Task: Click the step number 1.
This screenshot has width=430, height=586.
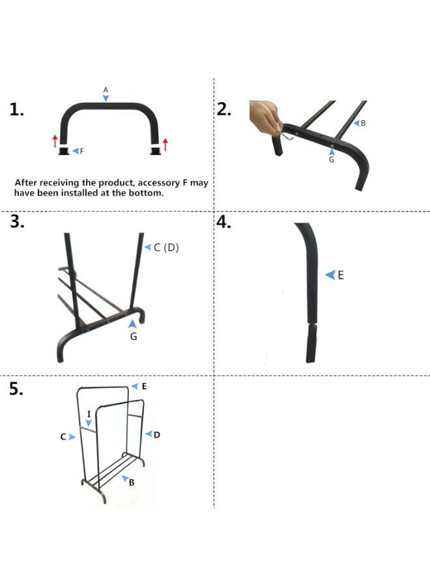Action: click(x=17, y=109)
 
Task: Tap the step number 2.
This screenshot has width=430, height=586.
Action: click(x=224, y=109)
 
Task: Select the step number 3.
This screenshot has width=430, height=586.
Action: click(x=18, y=222)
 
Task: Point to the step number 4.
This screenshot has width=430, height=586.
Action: click(x=224, y=222)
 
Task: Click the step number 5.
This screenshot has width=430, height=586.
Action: click(x=17, y=389)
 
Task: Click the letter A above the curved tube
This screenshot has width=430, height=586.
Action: click(x=106, y=89)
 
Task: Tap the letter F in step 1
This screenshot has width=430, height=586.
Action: click(x=82, y=151)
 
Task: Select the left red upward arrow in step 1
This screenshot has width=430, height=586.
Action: click(x=55, y=140)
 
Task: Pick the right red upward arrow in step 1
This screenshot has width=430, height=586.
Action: click(x=165, y=144)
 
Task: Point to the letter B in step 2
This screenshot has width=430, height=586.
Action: click(x=363, y=123)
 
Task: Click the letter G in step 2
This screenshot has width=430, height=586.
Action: click(x=331, y=160)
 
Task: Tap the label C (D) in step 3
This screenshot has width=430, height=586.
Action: click(x=165, y=247)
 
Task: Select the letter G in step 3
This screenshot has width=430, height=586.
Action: click(x=134, y=337)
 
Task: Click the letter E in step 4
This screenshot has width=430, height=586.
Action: click(x=340, y=275)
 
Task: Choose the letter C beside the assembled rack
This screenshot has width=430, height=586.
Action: click(x=63, y=437)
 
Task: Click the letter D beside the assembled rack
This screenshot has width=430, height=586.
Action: click(x=157, y=434)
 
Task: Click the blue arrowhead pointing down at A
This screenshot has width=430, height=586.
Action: click(x=106, y=98)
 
